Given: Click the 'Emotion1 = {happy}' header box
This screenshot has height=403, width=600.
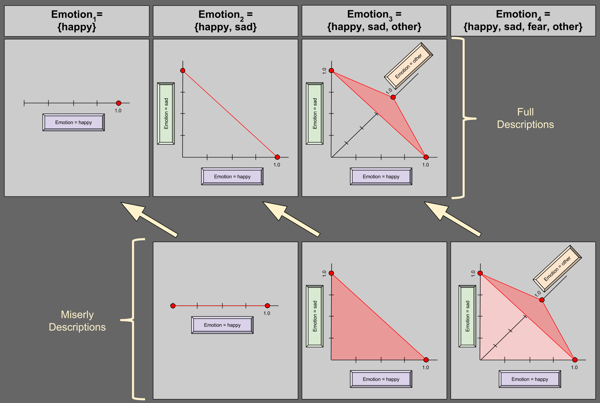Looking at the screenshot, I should [76, 21].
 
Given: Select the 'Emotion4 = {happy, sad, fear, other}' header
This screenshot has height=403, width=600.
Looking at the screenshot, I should [523, 21].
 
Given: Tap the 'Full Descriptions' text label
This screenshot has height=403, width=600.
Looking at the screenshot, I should [525, 118].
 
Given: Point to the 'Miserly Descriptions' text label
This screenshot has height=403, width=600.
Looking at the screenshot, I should [77, 321].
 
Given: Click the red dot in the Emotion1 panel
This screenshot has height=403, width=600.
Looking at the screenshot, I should [118, 103].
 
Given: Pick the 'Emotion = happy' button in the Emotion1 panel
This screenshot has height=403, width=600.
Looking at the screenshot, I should [73, 122].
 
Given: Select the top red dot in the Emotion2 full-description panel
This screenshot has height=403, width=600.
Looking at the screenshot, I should [183, 71].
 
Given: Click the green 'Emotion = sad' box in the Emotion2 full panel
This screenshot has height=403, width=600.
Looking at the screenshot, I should [166, 114].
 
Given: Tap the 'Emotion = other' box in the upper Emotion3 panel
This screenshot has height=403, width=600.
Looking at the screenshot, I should [409, 66].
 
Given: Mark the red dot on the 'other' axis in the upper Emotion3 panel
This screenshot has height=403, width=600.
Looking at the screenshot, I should [393, 97].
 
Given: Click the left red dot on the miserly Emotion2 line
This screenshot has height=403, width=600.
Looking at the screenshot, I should [173, 306].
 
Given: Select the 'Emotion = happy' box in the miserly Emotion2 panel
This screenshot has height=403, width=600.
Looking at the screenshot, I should [222, 325].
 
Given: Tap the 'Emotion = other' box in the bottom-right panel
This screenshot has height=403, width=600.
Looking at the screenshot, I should [557, 269].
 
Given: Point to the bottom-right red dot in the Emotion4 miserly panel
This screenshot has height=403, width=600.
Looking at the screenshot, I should [575, 360].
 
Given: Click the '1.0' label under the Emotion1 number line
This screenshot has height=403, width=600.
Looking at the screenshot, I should [118, 111].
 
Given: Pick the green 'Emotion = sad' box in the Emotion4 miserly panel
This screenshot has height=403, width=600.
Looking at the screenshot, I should [467, 316].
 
